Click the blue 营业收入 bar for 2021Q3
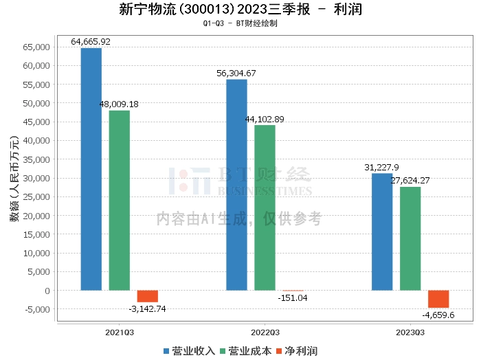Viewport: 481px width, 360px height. [91, 169]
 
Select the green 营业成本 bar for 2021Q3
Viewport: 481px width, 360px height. [119, 200]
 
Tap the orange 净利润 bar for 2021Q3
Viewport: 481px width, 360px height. [147, 296]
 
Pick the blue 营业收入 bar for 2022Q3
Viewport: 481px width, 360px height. [236, 185]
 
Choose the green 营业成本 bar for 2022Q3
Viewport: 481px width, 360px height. [265, 207]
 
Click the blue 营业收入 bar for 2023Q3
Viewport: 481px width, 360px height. [382, 232]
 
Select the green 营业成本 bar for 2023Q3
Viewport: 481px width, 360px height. [410, 238]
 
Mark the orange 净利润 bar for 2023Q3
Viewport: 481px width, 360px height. [438, 299]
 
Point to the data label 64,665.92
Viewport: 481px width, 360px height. [91, 42]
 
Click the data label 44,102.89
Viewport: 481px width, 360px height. [265, 119]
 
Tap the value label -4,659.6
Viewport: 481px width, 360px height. [438, 315]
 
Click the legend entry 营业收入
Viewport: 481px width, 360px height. [190, 350]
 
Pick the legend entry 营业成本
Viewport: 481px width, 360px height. [245, 350]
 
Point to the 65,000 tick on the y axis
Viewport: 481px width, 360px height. [36, 47]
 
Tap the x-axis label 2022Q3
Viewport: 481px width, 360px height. [265, 330]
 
